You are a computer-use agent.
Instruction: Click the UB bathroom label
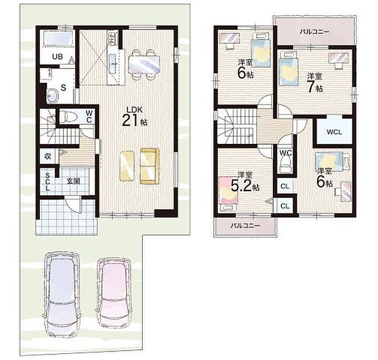pyautogui.click(x=57, y=57)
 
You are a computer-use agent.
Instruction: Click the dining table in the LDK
pyautogui.click(x=144, y=64)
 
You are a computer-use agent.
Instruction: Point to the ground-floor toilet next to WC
pyautogui.click(x=68, y=117)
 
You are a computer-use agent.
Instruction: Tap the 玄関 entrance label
pyautogui.click(x=73, y=181)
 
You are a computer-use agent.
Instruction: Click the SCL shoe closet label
pyautogui.click(x=47, y=182)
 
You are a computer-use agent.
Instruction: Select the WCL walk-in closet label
pyautogui.click(x=335, y=132)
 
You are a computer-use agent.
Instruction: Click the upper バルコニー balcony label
pyautogui.click(x=315, y=32)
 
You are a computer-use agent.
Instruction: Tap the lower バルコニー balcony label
pyautogui.click(x=245, y=226)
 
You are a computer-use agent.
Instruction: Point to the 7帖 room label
pyautogui.click(x=315, y=84)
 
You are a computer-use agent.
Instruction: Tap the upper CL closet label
pyautogui.click(x=285, y=187)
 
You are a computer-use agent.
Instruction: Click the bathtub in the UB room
pyautogui.click(x=58, y=38)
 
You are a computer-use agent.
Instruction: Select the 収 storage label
pyautogui.click(x=48, y=157)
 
